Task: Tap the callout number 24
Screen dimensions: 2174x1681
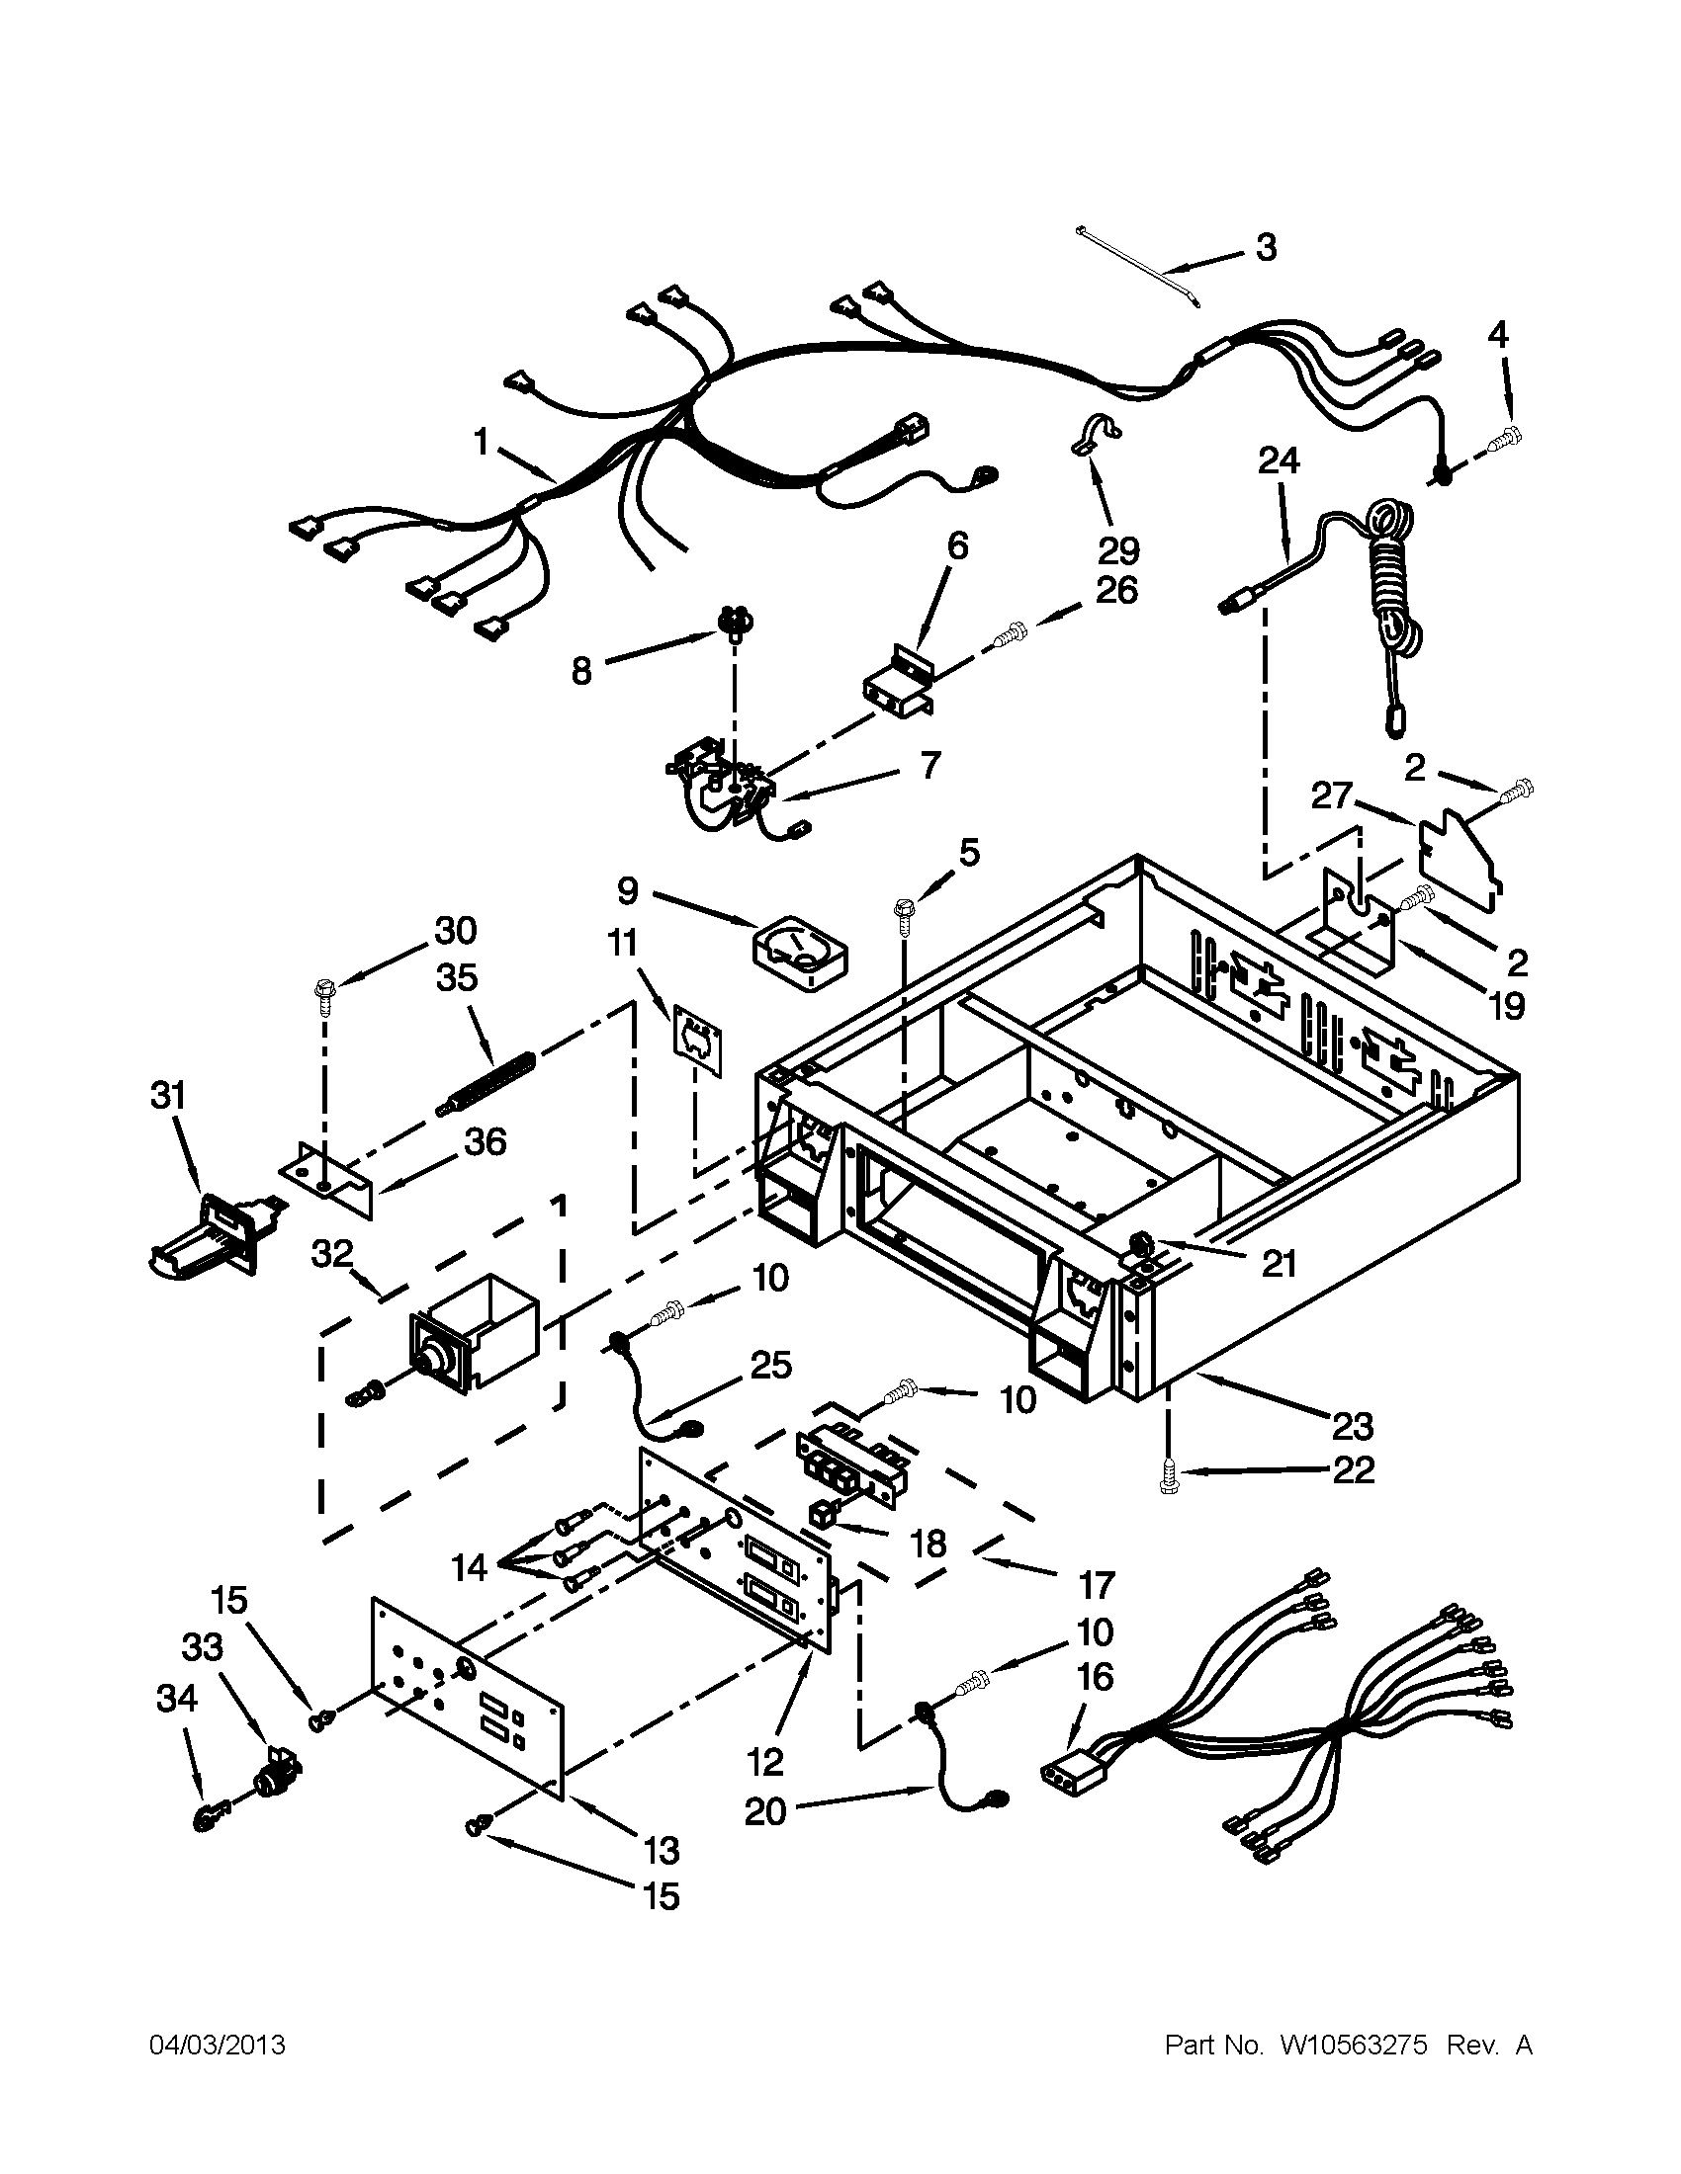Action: coord(1279,460)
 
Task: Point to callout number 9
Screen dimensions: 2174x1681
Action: coord(627,891)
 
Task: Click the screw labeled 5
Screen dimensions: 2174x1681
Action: coord(905,914)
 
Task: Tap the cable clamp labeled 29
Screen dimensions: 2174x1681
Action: coord(1095,434)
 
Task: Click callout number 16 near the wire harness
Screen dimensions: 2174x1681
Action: coord(1095,1677)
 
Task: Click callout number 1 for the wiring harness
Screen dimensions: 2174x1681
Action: coord(482,442)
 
